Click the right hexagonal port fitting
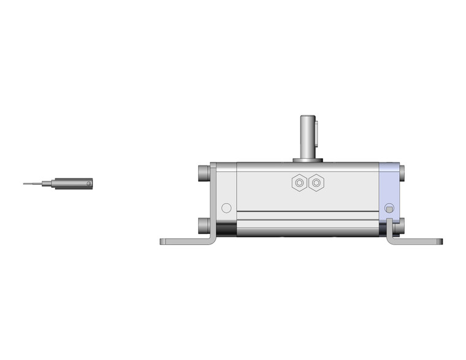tap(316, 183)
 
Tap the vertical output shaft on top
tap(307, 135)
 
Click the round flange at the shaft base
tap(307, 160)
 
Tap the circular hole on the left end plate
tap(226, 208)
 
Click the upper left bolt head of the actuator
tap(204, 172)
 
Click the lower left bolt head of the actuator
tap(204, 225)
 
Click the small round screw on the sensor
tap(88, 183)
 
